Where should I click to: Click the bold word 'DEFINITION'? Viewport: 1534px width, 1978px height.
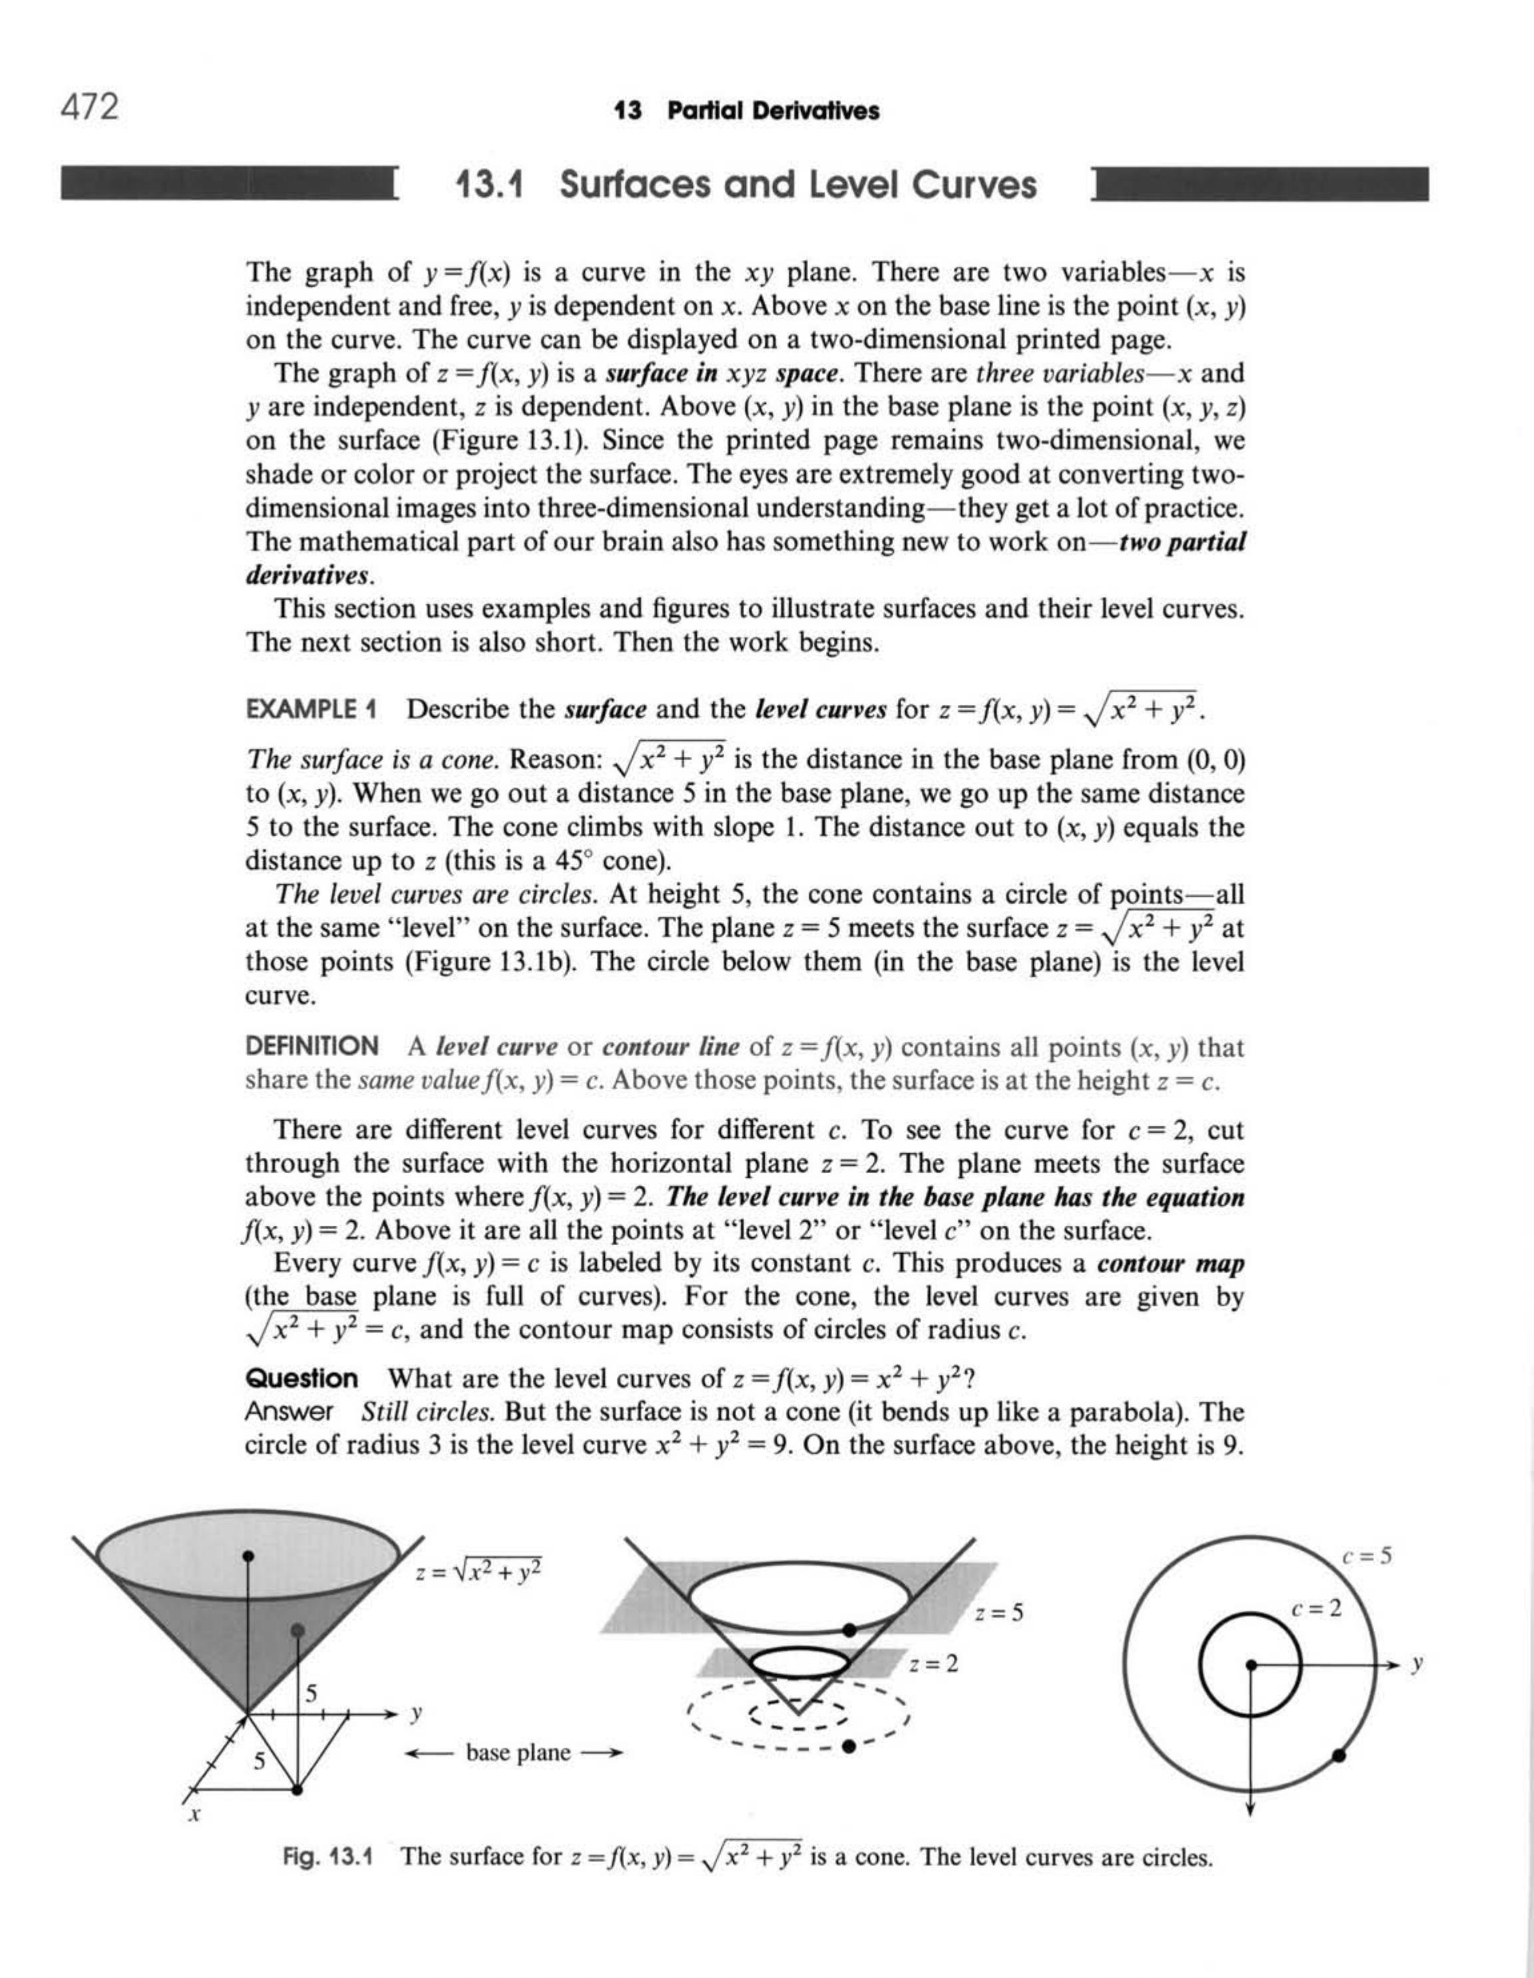(x=312, y=1046)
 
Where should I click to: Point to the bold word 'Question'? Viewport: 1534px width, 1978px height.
(x=302, y=1378)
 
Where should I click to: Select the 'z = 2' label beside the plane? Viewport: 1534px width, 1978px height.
(x=934, y=1663)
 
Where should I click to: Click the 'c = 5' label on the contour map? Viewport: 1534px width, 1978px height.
(x=1366, y=1557)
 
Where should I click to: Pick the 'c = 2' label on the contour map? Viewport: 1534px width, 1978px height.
(x=1316, y=1608)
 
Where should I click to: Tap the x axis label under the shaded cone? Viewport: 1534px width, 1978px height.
(x=194, y=1814)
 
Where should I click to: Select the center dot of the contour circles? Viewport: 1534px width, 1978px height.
(x=1250, y=1665)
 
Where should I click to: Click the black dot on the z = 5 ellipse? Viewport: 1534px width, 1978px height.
(x=849, y=1630)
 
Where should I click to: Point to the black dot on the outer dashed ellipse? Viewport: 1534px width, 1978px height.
(x=849, y=1746)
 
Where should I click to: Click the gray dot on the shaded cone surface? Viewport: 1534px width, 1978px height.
(x=297, y=1630)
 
